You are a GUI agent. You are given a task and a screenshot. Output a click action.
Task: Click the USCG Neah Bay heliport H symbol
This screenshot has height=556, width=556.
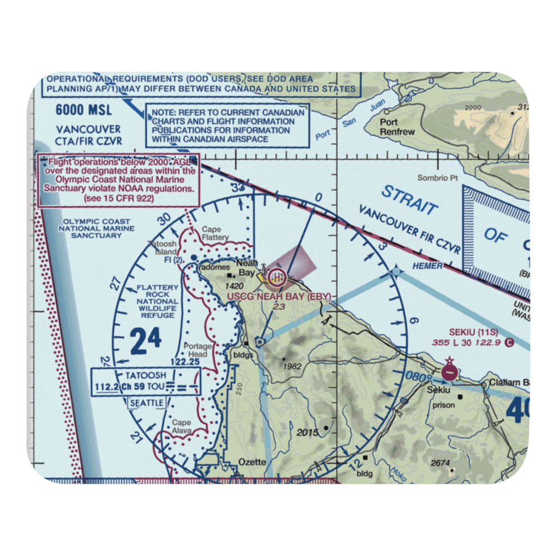[276, 276]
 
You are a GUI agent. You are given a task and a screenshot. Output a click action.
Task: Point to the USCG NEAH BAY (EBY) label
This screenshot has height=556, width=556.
[279, 296]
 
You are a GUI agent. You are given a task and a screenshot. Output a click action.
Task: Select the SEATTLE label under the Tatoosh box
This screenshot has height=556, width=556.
[146, 402]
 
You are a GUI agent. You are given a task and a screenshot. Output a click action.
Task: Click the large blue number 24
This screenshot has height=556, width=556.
[146, 340]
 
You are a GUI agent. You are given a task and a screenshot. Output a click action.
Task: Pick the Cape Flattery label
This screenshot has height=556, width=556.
[215, 234]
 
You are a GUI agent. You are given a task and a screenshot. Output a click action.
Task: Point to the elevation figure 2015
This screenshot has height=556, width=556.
[307, 432]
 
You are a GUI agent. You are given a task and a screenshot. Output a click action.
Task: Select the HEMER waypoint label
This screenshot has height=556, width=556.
[428, 266]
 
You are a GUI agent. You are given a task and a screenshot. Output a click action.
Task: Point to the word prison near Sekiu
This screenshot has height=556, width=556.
[445, 405]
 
